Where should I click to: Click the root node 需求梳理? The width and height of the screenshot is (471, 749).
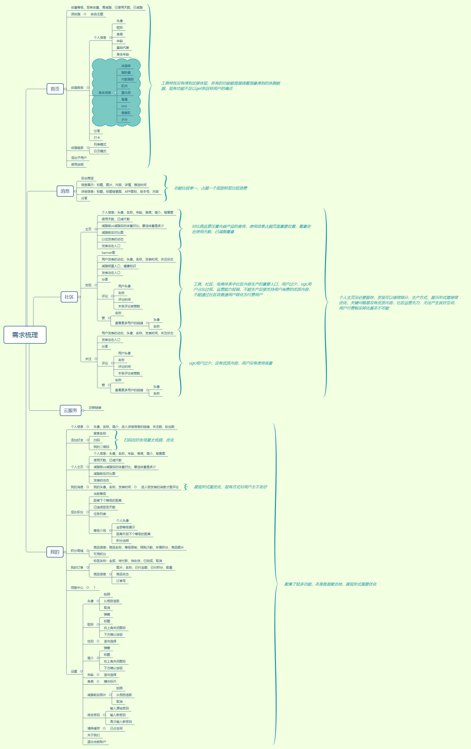point(25,335)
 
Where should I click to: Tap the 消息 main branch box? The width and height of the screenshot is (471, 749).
point(65,191)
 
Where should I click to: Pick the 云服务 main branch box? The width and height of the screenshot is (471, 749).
point(70,410)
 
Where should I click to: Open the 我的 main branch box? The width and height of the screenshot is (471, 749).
point(55,552)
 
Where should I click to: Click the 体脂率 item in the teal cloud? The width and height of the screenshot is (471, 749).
point(126,66)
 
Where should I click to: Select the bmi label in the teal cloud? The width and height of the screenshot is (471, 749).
point(124,106)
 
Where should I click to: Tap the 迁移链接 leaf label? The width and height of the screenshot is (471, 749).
point(95,408)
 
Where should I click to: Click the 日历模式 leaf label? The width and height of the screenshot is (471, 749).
point(100,151)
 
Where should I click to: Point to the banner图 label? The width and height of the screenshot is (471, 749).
point(108,253)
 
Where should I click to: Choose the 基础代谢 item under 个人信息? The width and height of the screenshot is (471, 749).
point(123,48)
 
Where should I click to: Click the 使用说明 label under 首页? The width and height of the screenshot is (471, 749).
point(77,165)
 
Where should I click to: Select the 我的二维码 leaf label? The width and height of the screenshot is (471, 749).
point(101,447)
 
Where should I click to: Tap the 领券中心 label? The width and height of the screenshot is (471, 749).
point(77,588)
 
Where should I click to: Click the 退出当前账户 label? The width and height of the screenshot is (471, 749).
point(96,742)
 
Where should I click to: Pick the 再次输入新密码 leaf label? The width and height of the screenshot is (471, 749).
point(121,722)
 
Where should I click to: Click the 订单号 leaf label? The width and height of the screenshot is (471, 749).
point(121,581)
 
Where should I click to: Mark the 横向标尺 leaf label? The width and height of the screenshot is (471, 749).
point(110,681)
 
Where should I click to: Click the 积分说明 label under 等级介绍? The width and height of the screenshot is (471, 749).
point(123,541)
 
